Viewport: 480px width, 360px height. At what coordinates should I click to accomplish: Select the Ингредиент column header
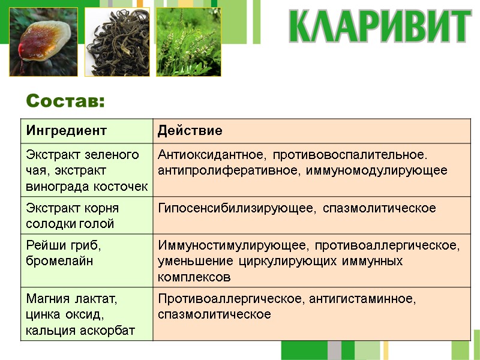[66, 130]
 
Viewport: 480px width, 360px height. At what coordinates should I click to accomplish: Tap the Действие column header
[190, 130]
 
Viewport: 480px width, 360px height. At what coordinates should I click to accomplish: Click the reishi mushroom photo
[43, 42]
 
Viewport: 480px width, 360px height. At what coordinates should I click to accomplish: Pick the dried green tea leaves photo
[117, 42]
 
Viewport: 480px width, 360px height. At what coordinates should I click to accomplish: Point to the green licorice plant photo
[188, 42]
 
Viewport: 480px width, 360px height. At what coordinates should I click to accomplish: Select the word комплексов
[194, 277]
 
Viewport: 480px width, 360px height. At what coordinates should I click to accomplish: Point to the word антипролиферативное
[226, 170]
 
